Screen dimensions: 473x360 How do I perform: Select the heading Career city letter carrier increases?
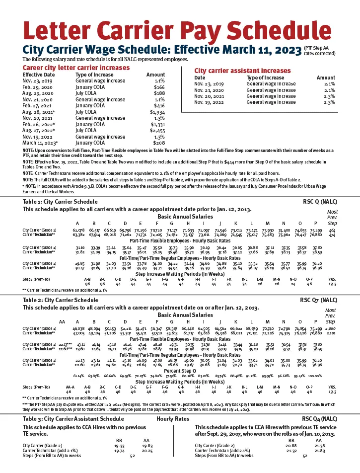click(x=69, y=67)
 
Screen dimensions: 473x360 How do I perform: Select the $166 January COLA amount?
click(x=159, y=87)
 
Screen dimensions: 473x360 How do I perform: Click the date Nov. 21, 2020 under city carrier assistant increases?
click(x=209, y=90)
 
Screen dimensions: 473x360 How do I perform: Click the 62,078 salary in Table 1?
click(x=78, y=231)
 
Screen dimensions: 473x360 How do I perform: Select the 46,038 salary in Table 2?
click(x=78, y=329)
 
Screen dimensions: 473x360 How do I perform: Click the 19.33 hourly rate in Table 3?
click(x=119, y=446)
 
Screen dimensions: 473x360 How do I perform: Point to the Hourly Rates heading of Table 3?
click(x=172, y=419)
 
